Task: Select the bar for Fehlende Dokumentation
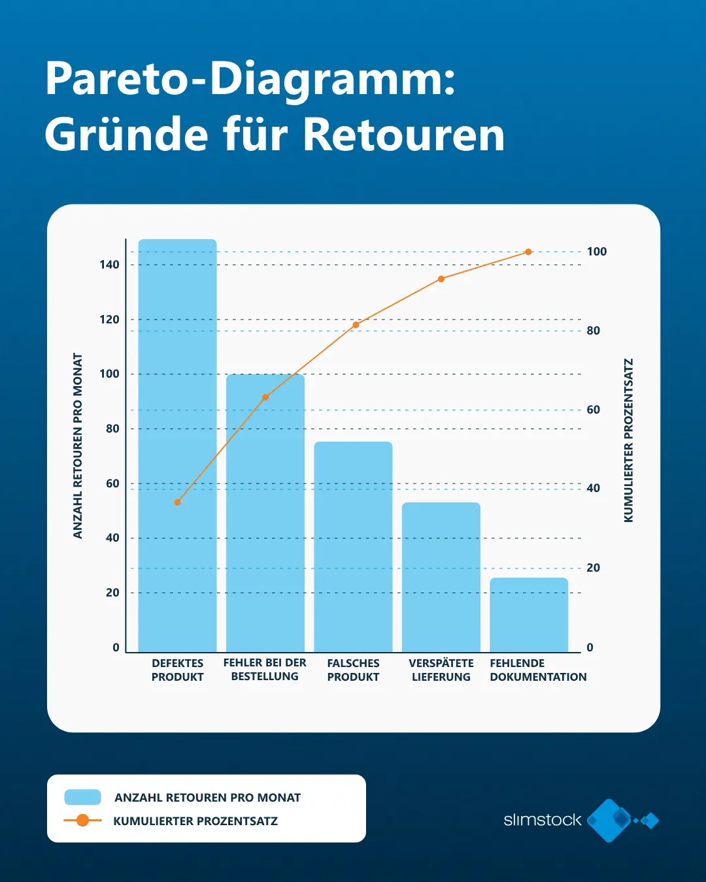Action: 529,615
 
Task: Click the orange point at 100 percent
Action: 528,252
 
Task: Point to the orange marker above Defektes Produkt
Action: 177,502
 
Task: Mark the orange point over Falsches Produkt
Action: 356,325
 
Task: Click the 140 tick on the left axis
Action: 110,265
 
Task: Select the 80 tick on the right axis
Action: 593,331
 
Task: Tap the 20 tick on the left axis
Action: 112,593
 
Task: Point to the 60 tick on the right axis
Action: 593,410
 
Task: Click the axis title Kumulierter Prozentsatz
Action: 628,440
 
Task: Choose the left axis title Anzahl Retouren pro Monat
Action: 78,446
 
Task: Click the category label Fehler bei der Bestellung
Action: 265,670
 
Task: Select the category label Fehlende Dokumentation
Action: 538,670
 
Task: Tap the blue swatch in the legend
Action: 82,797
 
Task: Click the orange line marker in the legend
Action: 82,821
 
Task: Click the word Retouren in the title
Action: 403,135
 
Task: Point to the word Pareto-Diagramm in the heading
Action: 250,78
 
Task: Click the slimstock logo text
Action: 542,820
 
